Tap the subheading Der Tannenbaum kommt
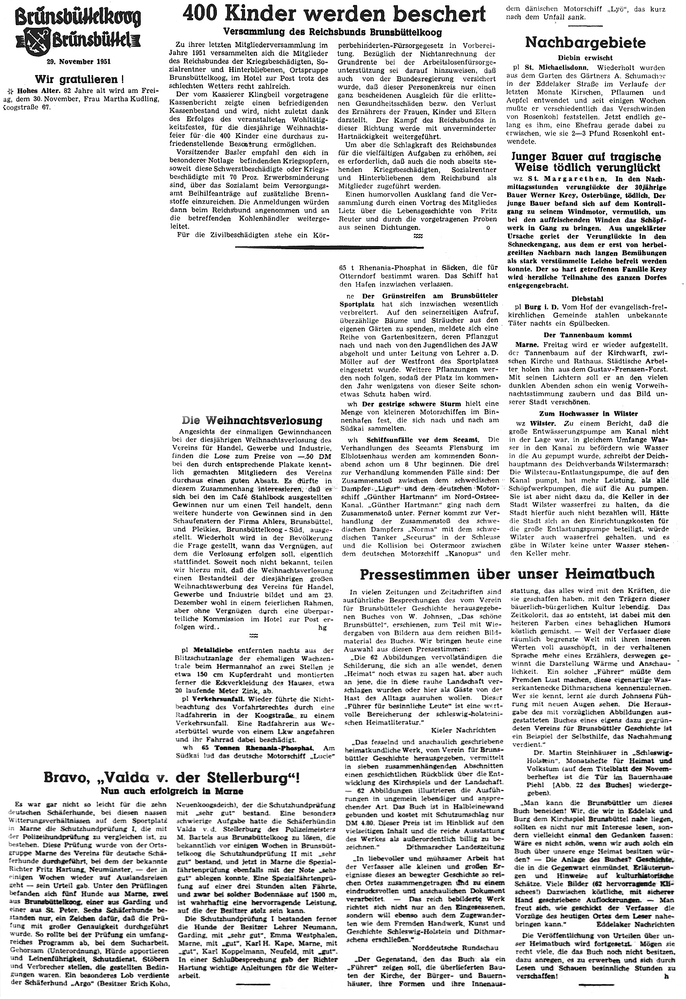591,335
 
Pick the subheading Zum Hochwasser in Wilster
591,413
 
